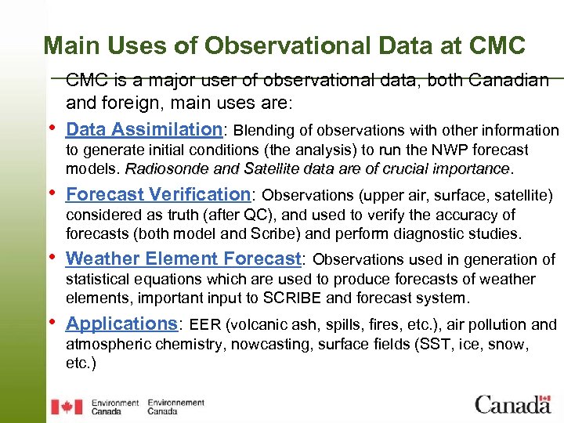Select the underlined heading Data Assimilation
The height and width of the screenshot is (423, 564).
(144, 129)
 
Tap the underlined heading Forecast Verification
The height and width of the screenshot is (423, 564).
(157, 194)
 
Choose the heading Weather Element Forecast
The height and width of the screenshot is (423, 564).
(183, 258)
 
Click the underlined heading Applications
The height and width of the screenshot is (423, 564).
(122, 324)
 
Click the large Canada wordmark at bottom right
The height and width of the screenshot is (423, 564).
(512, 404)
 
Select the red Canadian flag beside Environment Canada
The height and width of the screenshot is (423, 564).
(67, 407)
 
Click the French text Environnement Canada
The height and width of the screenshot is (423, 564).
(176, 407)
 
